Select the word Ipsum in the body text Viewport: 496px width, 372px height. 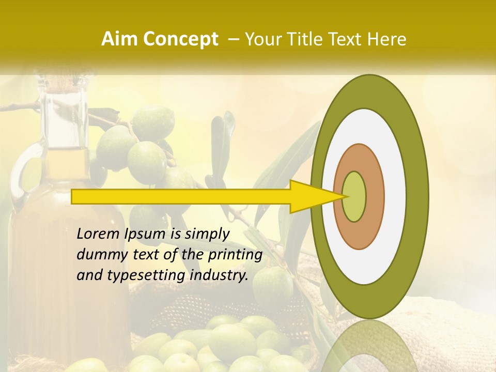[x=145, y=235]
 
